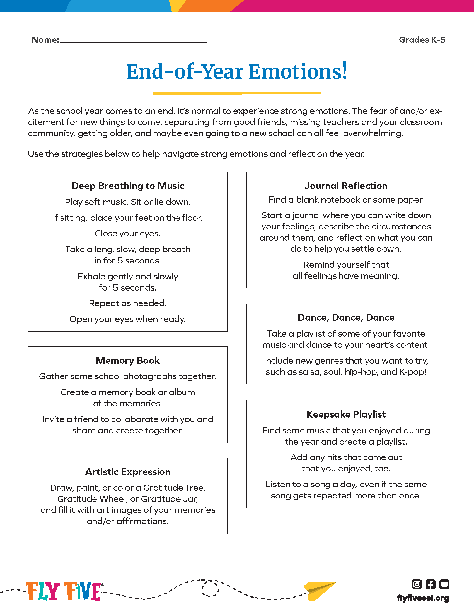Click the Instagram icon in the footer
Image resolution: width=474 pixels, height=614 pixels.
417,584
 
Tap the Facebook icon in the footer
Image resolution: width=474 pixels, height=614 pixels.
431,584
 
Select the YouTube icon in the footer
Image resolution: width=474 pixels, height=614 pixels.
444,584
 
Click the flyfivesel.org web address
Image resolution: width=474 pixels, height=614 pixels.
423,598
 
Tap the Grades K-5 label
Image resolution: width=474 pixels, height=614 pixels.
422,40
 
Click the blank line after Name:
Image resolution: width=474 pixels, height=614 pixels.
133,41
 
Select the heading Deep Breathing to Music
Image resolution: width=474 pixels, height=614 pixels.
128,186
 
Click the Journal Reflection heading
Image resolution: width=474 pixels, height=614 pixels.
346,186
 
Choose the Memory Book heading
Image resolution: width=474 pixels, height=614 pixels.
128,360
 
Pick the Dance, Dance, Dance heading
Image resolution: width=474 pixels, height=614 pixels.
346,317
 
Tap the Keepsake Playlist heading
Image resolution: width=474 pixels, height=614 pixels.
346,414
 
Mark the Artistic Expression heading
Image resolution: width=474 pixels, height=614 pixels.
128,472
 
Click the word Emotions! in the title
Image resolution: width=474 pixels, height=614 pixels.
298,72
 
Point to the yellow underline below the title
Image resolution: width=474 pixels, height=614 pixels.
237,93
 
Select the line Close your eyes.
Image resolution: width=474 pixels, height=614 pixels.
128,233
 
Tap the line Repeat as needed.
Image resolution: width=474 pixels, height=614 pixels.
128,303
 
